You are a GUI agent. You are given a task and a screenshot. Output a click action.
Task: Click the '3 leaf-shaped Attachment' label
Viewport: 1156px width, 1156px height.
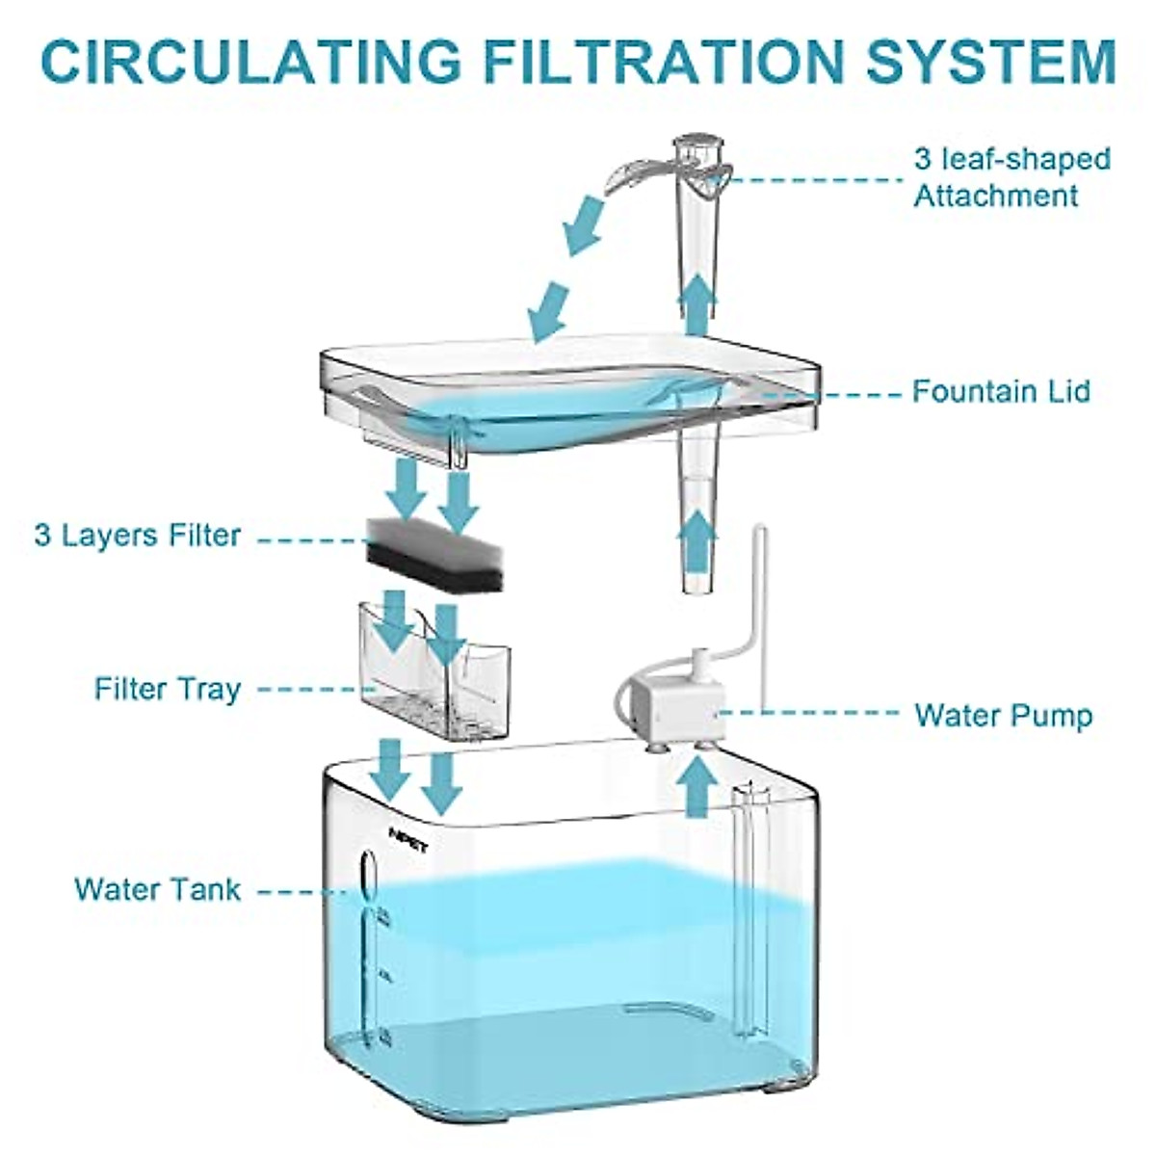coord(1011,177)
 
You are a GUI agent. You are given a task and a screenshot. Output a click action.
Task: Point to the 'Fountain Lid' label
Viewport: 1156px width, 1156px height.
coord(1002,391)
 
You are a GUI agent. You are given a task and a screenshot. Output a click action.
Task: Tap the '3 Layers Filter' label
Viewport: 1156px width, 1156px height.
coord(138,536)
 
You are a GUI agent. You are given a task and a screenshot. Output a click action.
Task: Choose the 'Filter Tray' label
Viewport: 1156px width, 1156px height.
coord(168,690)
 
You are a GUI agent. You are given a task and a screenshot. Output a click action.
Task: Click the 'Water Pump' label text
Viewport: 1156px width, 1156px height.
coord(1003,716)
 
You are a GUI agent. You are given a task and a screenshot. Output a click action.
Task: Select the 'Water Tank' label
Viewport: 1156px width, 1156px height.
coord(158,888)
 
